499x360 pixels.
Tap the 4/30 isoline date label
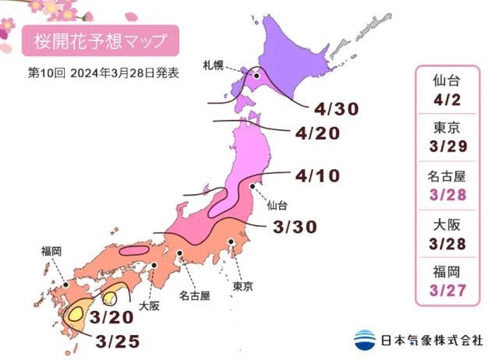point(337,109)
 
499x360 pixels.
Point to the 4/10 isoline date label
point(318,175)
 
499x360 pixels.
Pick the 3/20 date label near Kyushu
point(109,317)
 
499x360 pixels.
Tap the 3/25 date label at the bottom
point(118,341)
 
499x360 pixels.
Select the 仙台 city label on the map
point(277,206)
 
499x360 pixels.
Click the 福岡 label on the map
point(52,251)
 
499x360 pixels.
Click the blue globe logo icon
point(363,340)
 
